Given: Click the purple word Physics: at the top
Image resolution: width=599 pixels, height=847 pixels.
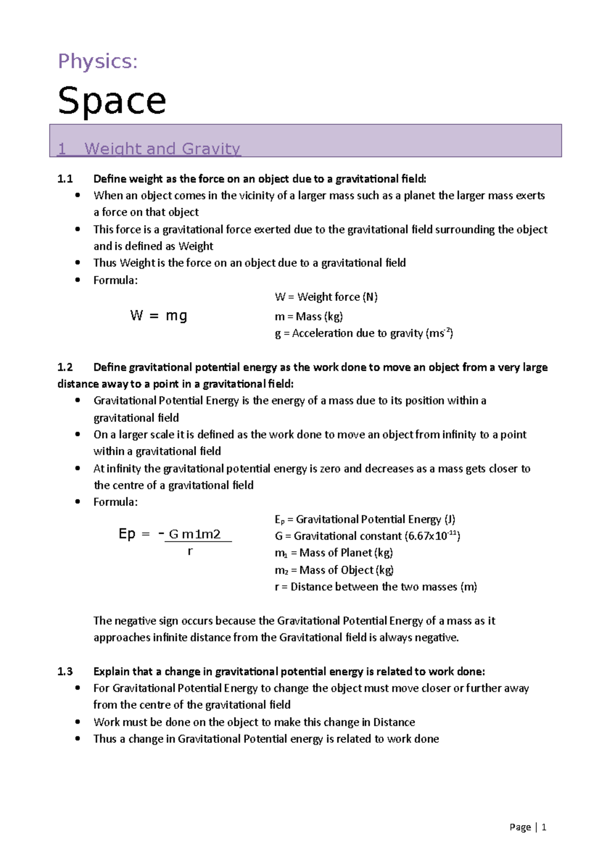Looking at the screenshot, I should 98,62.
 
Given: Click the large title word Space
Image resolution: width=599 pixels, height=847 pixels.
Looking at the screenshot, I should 112,101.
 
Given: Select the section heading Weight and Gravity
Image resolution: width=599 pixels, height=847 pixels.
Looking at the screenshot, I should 162,149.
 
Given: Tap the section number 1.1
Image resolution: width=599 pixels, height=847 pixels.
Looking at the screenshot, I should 65,179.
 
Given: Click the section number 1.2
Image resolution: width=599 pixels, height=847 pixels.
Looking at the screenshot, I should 65,368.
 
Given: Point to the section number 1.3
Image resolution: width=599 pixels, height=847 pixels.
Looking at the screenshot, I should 65,672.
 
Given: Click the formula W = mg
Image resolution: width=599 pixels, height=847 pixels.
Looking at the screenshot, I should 159,316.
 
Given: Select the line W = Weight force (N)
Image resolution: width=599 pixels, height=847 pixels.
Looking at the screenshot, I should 326,297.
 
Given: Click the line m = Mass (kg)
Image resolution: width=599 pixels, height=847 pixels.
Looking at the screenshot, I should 308,317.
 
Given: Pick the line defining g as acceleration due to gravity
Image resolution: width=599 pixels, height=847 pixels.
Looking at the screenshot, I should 364,333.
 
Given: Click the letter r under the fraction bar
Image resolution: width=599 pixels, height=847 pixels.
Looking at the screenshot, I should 190,551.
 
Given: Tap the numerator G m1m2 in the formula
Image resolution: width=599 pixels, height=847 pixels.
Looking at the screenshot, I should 195,534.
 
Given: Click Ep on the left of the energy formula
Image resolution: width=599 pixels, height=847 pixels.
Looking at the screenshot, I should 127,534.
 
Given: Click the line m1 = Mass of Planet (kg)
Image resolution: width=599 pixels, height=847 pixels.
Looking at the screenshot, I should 333,553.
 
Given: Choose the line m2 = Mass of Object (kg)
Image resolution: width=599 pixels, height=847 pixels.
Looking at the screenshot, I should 334,570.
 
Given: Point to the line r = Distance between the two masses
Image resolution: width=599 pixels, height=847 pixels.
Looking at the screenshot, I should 375,587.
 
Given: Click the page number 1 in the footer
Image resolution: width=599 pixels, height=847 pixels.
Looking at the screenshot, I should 544,828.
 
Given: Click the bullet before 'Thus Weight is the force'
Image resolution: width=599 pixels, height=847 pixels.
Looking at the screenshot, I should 77,262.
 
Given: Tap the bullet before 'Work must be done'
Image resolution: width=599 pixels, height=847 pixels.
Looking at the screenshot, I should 77,722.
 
